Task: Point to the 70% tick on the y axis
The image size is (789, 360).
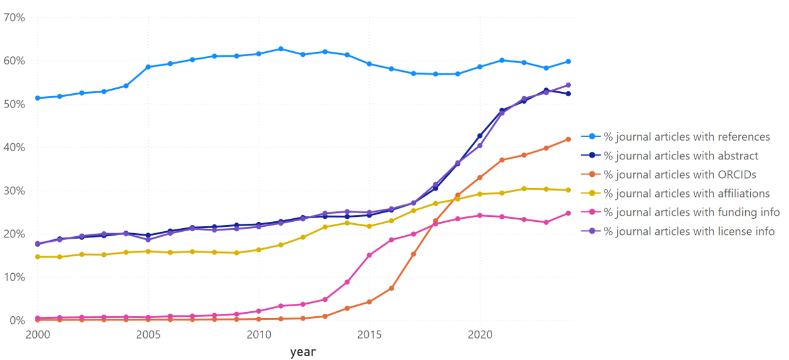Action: click(14, 17)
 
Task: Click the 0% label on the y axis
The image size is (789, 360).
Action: click(16, 321)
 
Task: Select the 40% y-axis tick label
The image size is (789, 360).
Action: click(14, 147)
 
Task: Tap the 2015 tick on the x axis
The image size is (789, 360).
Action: click(369, 336)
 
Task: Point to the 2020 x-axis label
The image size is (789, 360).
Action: click(480, 336)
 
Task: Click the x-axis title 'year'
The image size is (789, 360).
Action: click(303, 352)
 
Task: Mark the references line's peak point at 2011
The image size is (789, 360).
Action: click(281, 49)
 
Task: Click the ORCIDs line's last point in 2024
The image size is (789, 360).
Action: click(568, 139)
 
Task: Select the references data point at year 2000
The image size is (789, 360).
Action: click(38, 98)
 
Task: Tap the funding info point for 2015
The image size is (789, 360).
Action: click(369, 255)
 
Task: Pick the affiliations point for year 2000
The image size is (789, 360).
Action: click(38, 257)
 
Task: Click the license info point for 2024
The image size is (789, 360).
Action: click(568, 85)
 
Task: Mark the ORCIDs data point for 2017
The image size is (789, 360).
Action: click(413, 254)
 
